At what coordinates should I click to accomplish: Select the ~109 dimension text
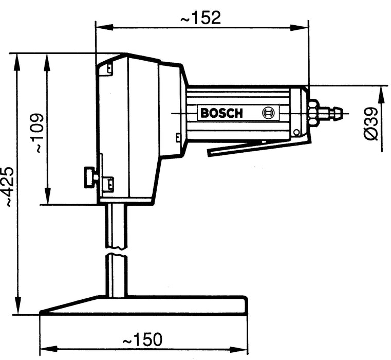pyautogui.click(x=38, y=133)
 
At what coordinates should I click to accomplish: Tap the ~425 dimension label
pyautogui.click(x=7, y=187)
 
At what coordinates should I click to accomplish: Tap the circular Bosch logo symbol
pyautogui.click(x=268, y=113)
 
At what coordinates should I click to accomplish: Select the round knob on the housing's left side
pyautogui.click(x=90, y=177)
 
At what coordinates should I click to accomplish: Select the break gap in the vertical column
pyautogui.click(x=116, y=251)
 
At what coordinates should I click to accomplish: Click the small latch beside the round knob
pyautogui.click(x=108, y=183)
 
